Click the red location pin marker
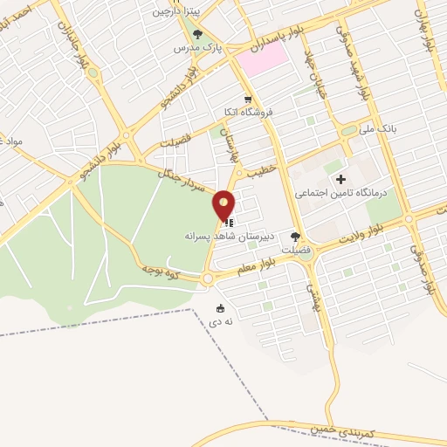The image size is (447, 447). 224,205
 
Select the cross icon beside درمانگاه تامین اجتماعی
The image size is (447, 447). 340,179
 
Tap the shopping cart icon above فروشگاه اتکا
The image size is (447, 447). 248,99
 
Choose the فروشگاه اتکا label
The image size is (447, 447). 248,112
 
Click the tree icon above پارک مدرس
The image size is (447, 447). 198,35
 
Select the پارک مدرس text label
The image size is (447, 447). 194,49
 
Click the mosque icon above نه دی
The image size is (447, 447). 220,307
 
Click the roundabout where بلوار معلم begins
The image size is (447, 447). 208,279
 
